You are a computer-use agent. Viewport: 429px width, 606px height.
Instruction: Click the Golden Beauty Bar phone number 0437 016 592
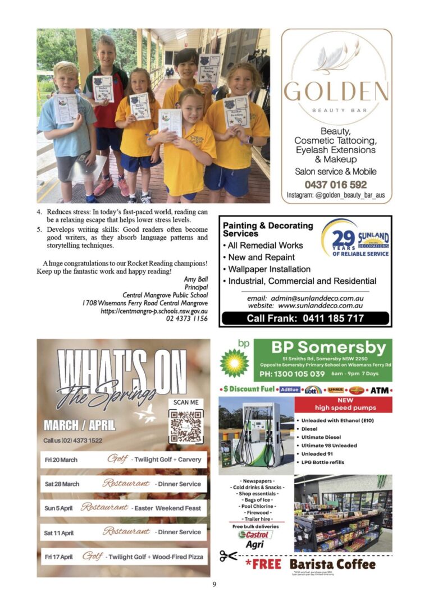click(336, 184)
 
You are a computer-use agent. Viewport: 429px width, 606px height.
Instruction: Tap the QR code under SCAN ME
click(186, 426)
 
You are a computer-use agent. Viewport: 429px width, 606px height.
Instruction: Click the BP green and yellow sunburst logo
click(234, 362)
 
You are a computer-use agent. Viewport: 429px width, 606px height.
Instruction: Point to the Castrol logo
click(255, 535)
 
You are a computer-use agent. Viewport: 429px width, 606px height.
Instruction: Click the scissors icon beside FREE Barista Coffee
click(229, 557)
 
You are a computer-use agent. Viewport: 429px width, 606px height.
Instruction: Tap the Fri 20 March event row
click(124, 460)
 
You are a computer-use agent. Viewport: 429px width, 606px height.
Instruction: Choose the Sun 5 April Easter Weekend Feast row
click(124, 508)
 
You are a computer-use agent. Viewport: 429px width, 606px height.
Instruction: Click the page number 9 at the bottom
click(214, 585)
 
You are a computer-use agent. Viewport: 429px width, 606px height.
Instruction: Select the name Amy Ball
click(195, 279)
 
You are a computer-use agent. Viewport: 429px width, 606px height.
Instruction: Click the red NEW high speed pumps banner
click(344, 404)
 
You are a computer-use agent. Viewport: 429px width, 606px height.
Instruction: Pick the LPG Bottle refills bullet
click(323, 462)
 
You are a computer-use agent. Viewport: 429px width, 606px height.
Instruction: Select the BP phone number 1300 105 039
click(292, 374)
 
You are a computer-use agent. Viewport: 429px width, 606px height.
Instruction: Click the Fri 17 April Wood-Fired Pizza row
click(124, 557)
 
